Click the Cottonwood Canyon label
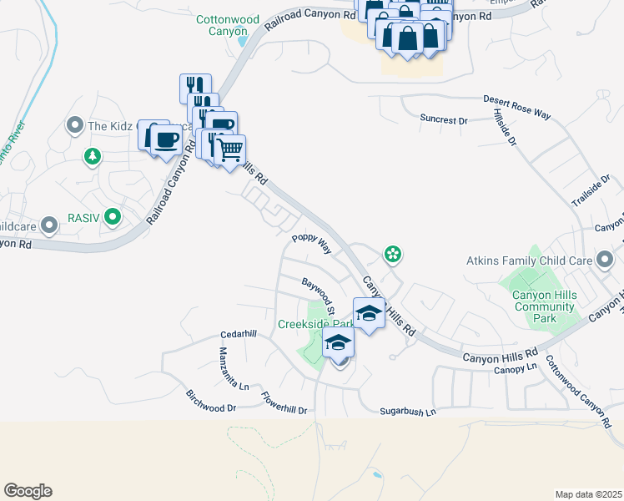229,25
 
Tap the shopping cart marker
229,150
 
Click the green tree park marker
92,156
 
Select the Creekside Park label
315,323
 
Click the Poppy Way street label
311,243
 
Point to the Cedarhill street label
238,333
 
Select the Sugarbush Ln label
408,412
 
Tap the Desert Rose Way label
517,105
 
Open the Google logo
28,491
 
